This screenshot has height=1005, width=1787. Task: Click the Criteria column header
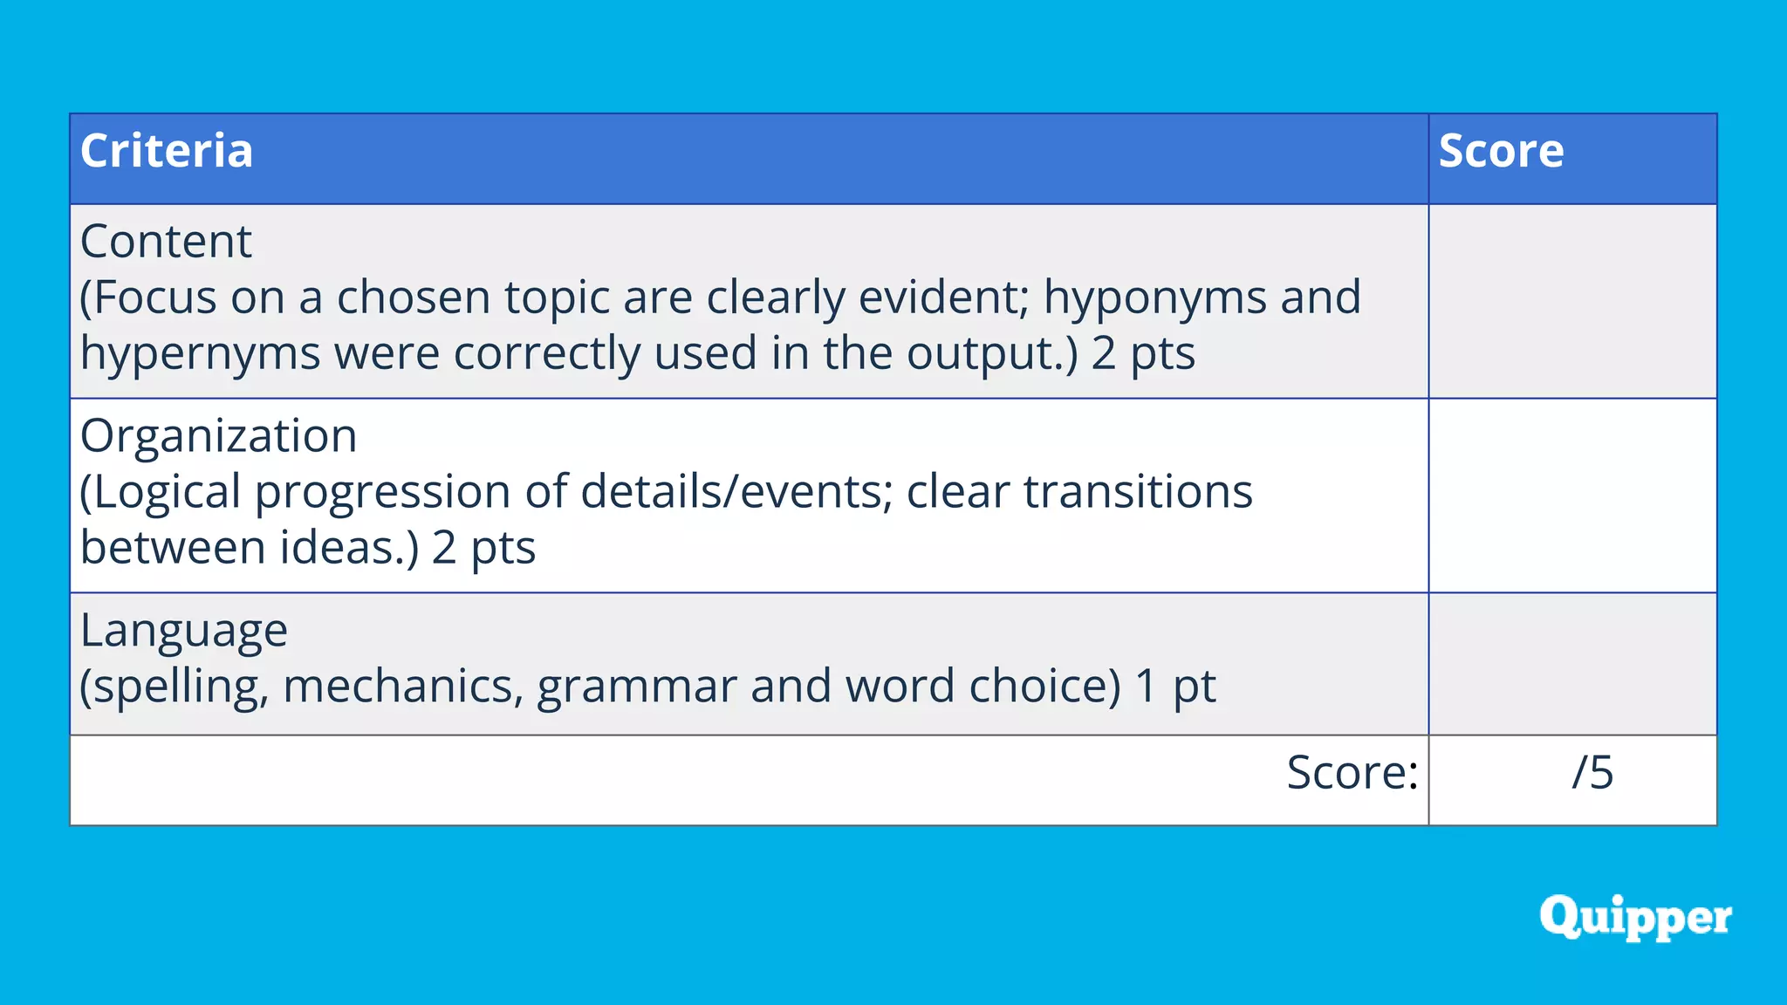tap(167, 151)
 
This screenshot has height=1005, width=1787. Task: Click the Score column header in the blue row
tap(1501, 151)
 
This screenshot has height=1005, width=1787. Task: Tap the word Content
tap(166, 241)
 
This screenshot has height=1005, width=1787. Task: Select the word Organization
tap(218, 435)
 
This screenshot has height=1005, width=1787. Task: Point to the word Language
tap(183, 631)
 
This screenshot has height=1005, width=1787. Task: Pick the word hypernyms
tap(200, 354)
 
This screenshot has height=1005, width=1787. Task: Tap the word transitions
tap(1138, 491)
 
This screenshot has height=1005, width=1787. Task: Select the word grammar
tap(636, 687)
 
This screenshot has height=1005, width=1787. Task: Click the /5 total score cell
tap(1592, 773)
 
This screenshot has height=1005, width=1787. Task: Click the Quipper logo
tap(1635, 917)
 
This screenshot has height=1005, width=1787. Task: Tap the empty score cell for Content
tap(1572, 301)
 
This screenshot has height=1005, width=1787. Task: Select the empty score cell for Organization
tap(1572, 496)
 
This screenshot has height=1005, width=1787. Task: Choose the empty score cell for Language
tap(1572, 664)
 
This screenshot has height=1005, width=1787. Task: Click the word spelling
tap(175, 687)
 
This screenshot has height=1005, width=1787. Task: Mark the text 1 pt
tap(1174, 687)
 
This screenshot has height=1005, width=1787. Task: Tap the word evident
tap(943, 297)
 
